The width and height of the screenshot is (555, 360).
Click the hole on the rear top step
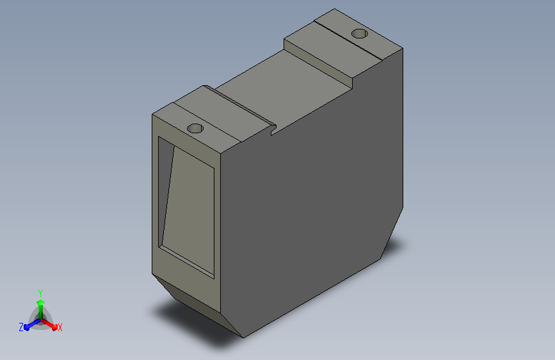(359, 34)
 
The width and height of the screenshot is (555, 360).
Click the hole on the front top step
(195, 128)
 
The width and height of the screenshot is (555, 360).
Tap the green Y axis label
(40, 293)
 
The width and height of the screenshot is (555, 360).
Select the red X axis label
(60, 327)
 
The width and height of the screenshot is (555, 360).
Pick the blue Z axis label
(21, 327)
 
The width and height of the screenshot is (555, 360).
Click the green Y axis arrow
(41, 309)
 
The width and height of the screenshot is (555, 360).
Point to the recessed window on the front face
(186, 208)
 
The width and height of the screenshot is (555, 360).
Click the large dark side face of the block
(312, 199)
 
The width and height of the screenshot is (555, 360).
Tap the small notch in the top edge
(273, 130)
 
